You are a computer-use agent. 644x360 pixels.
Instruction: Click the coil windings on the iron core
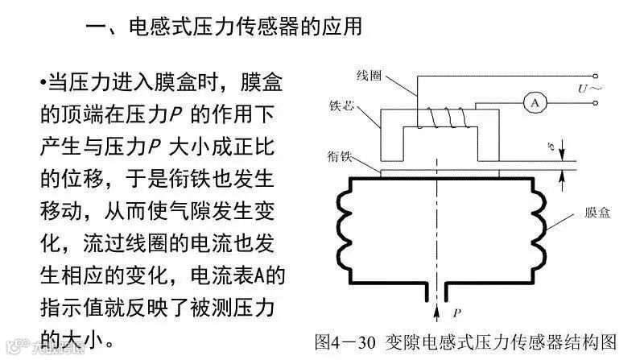pyautogui.click(x=444, y=118)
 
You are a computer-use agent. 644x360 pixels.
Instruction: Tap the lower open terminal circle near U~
pyautogui.click(x=596, y=102)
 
